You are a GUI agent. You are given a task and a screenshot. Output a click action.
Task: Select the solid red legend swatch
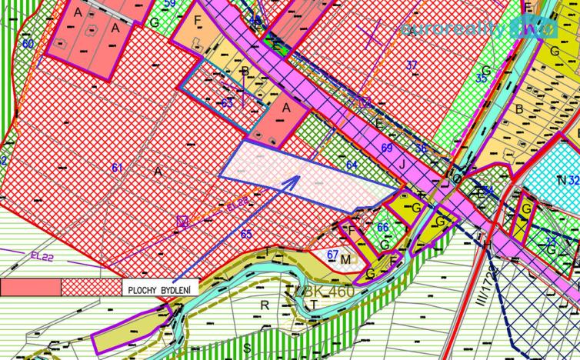[30, 288]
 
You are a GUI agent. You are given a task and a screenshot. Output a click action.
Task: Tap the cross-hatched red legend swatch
[90, 288]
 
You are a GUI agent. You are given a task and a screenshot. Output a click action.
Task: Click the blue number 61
[117, 168]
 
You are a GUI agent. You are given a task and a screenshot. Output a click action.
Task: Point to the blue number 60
[28, 44]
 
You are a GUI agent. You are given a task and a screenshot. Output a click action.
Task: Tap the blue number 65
[246, 235]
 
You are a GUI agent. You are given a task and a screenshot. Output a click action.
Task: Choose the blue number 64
[352, 165]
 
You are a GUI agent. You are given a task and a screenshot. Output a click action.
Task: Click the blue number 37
[412, 65]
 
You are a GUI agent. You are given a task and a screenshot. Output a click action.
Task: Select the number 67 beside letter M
[332, 255]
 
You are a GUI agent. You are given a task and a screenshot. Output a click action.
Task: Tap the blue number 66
[382, 227]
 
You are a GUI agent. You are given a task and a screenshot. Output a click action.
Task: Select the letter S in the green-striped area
[248, 347]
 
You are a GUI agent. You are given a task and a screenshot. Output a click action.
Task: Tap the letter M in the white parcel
[345, 260]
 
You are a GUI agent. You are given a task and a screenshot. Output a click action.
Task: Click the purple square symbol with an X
[182, 222]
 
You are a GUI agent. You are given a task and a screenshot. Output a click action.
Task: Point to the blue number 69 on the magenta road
[386, 147]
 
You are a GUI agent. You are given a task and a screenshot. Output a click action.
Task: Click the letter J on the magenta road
[402, 163]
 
